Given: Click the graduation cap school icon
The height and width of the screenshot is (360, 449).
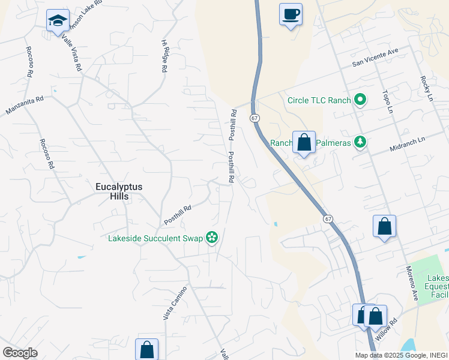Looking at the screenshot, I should [x=58, y=20].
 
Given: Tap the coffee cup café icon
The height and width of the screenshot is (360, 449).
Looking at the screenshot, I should [x=291, y=14].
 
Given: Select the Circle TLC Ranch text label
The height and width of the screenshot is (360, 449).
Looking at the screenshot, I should [x=319, y=100].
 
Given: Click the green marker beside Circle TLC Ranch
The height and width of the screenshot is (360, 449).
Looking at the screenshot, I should [x=360, y=100].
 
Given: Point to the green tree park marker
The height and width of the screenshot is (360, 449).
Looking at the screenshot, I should [x=360, y=142].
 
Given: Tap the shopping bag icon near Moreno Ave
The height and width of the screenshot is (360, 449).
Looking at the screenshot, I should [x=384, y=227].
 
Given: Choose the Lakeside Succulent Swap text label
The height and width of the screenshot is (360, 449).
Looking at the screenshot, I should [x=155, y=238].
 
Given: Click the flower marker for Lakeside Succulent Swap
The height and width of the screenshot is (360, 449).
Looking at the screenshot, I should [x=211, y=238].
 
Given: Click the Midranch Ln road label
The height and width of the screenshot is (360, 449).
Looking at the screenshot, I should [x=406, y=143].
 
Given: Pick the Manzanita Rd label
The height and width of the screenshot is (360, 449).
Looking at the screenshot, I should [x=25, y=106].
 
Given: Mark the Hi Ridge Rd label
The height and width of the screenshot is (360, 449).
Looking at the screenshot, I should [x=164, y=56].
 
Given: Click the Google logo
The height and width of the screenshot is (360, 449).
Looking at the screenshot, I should [x=20, y=352].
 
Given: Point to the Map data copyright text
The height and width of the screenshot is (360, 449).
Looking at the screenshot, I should [x=401, y=355].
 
